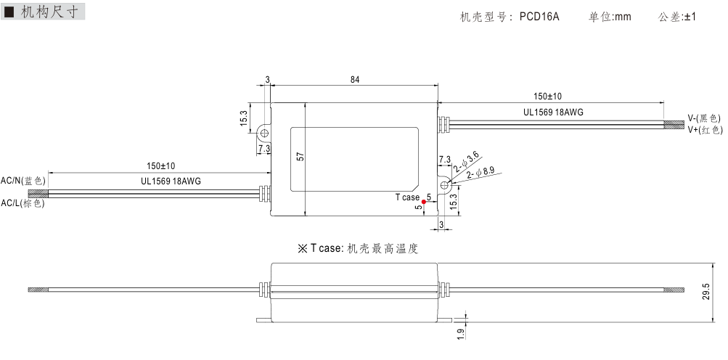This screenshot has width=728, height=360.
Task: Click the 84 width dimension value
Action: click(x=354, y=79)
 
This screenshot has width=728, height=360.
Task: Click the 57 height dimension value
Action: click(x=299, y=156)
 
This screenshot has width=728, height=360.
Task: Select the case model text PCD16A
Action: click(x=539, y=16)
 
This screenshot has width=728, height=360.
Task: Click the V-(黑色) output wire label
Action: click(x=703, y=118)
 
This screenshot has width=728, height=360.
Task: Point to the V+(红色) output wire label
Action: click(x=704, y=129)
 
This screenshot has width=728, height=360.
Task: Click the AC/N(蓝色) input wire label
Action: click(x=23, y=180)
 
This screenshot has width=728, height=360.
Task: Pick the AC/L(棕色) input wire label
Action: click(x=23, y=203)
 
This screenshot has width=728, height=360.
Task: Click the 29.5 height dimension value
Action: click(x=705, y=292)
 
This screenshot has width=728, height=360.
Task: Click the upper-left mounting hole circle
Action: click(x=264, y=133)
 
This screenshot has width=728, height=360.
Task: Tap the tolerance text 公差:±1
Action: click(x=676, y=16)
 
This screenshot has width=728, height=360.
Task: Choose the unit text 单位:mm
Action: click(x=610, y=16)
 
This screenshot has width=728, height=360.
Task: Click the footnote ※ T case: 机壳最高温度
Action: click(x=358, y=248)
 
